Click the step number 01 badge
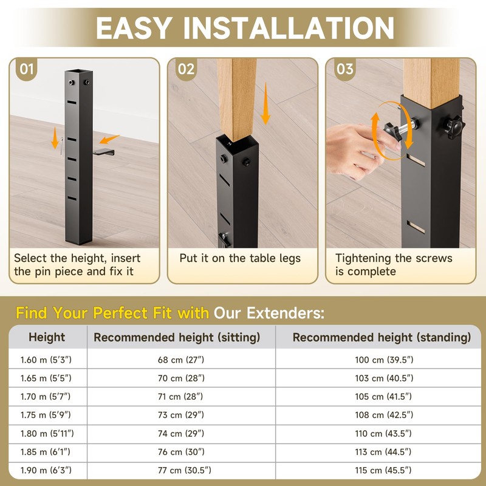27,69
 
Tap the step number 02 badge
186,69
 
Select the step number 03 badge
344,69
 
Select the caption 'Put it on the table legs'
240,258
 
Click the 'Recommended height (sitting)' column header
177,337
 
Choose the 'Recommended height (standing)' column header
382,337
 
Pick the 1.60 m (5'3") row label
47,360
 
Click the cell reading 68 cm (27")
180,360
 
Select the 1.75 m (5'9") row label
47,415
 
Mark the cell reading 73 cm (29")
180,415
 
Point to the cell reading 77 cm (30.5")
180,470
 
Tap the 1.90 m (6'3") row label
47,470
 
